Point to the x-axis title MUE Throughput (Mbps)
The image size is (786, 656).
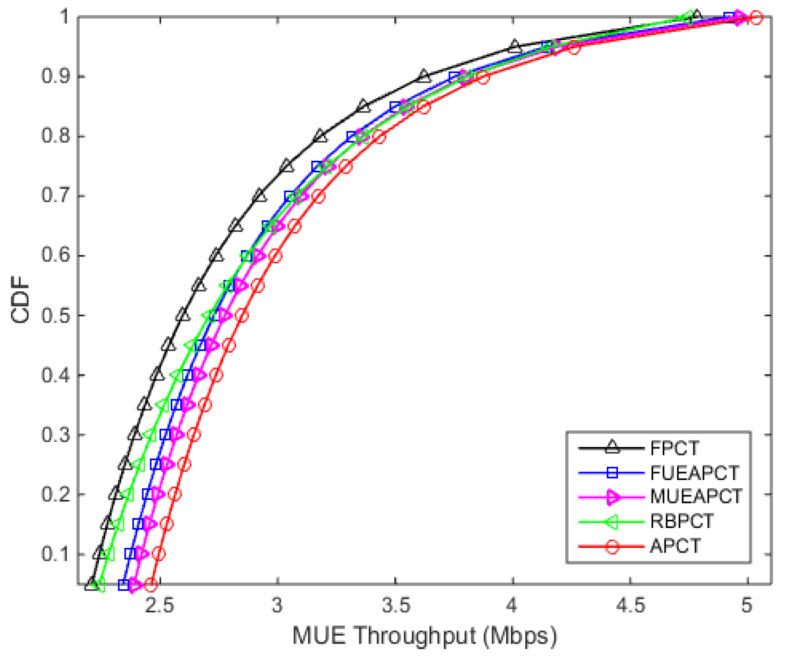pos(424,636)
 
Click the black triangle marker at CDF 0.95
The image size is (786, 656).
pos(514,46)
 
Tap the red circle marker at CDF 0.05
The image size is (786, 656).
pos(151,585)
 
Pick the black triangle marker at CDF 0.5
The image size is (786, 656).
pos(183,315)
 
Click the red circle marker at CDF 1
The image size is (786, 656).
pos(756,18)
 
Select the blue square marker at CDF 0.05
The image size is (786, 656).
pos(124,585)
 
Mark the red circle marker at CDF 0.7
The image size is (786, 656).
pos(319,197)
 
